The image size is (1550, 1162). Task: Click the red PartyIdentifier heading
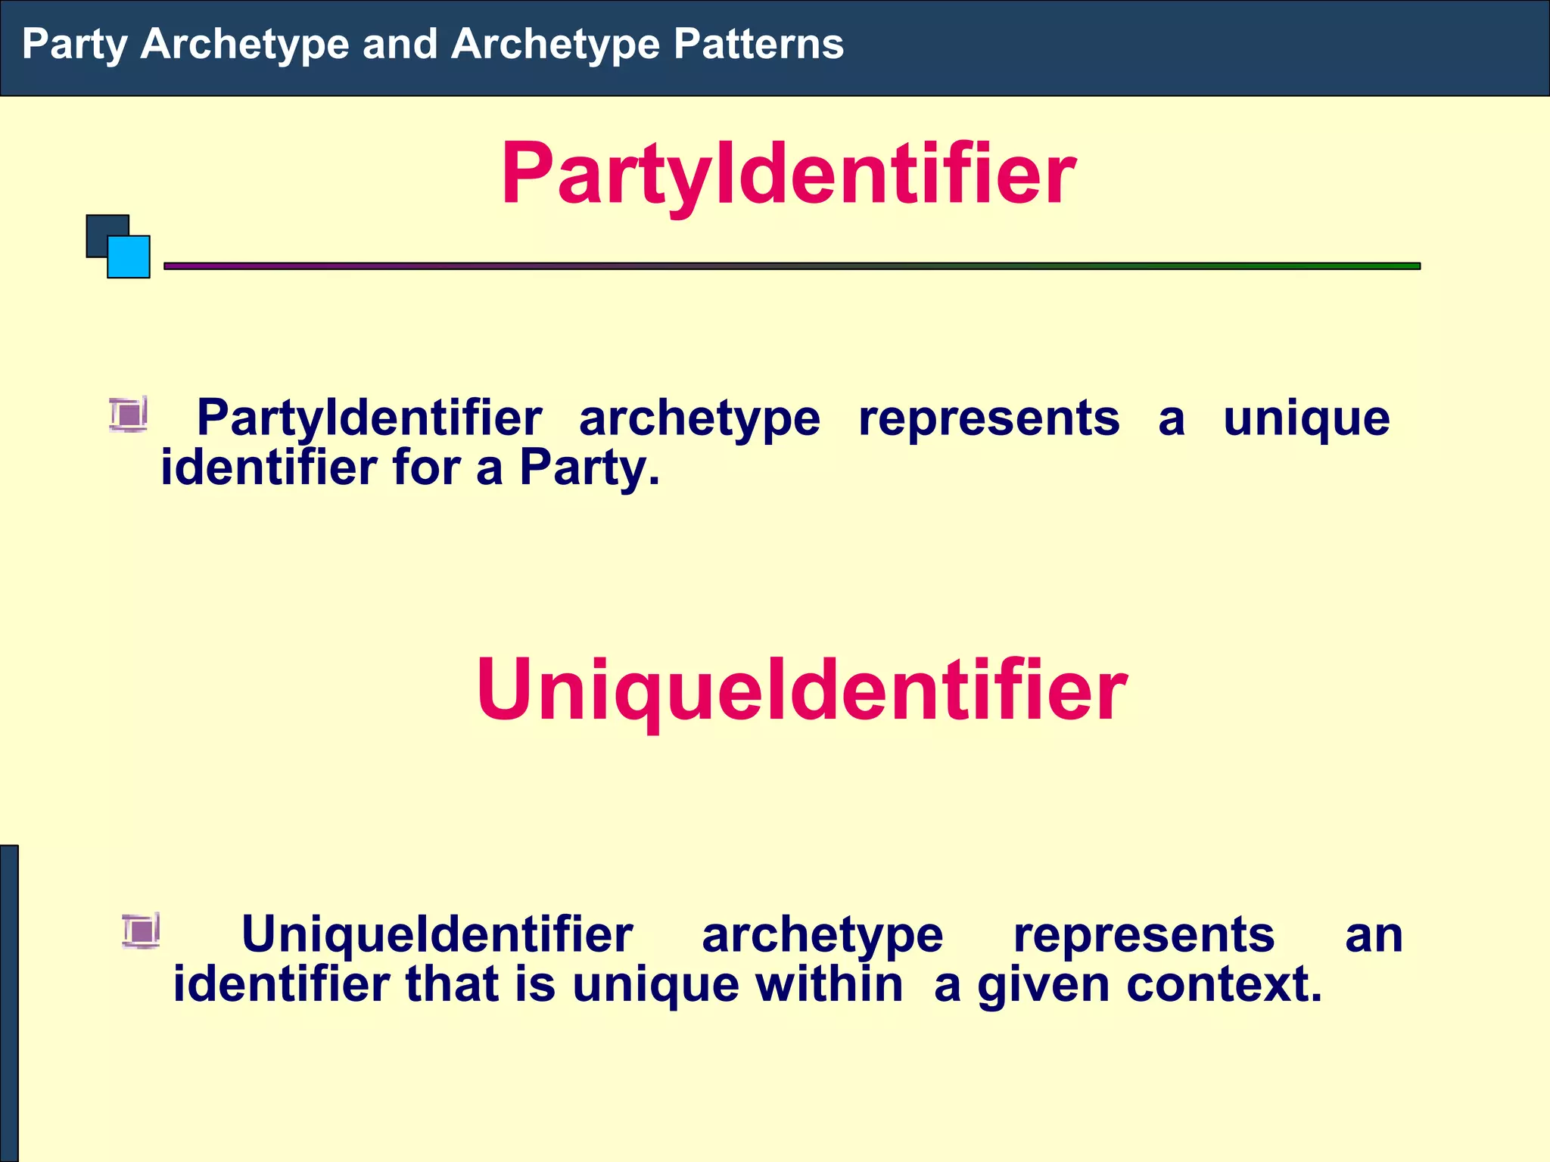coord(788,174)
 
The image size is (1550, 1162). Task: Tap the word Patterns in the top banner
coord(758,44)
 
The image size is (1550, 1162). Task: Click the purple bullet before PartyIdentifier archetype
coord(129,415)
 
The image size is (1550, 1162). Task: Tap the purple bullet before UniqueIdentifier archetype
coord(142,931)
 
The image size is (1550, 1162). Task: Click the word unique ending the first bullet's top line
coord(1306,418)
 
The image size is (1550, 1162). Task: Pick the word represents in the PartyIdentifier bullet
coord(988,418)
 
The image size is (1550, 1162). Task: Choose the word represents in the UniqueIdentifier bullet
coord(1144,935)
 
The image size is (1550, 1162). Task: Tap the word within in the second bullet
coord(829,984)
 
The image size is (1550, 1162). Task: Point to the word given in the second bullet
coord(1044,986)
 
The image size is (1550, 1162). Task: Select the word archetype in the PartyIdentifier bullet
coord(699,418)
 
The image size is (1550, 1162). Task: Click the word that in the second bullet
coord(453,984)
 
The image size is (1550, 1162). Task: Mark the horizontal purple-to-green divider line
coord(792,266)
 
